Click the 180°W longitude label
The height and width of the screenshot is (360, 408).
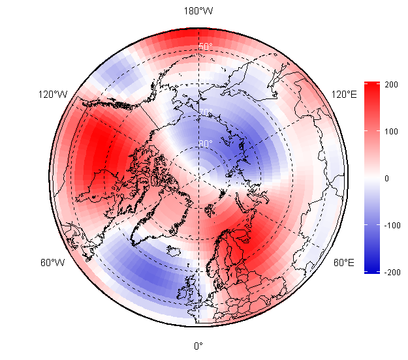point(198,11)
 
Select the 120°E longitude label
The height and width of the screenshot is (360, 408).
point(344,95)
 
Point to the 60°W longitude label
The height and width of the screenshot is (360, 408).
point(52,263)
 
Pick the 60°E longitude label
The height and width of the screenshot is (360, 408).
point(344,263)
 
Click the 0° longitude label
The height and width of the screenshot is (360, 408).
point(198,346)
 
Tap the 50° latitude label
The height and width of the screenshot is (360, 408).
point(206,46)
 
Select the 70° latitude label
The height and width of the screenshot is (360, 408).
point(206,112)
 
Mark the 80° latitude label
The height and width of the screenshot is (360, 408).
point(206,143)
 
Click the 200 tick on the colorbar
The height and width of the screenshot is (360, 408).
point(392,85)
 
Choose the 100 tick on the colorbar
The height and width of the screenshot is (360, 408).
point(392,132)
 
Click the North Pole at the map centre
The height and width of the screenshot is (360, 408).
point(198,177)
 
